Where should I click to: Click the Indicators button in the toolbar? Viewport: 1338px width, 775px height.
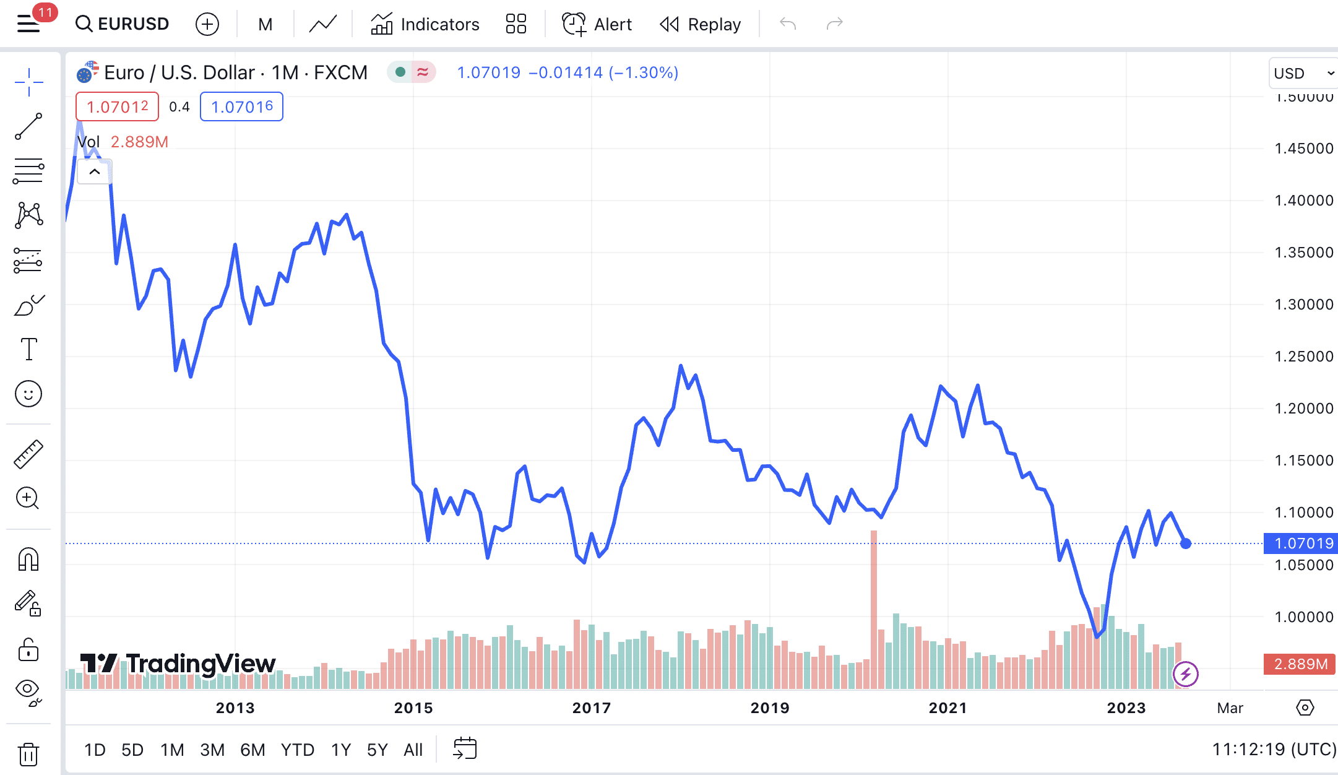coord(425,24)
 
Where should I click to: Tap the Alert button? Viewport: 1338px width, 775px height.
coord(597,24)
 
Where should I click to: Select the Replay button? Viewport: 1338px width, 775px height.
coord(701,24)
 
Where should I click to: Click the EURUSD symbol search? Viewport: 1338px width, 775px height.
coord(123,24)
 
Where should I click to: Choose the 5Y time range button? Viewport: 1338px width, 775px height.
coord(377,750)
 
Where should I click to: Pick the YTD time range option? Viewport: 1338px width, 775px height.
coord(297,750)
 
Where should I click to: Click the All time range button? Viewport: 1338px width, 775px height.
coord(413,750)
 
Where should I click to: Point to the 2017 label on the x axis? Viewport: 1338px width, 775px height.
coord(591,708)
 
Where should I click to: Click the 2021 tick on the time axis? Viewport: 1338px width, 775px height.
coord(947,708)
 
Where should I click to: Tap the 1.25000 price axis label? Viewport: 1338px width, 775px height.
coord(1303,357)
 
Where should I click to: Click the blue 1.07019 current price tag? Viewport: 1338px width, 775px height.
coord(1301,543)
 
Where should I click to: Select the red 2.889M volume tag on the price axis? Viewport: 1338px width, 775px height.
coord(1300,664)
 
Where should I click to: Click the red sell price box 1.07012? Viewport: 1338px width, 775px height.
coord(117,106)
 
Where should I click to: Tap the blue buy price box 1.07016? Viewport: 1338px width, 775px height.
coord(241,106)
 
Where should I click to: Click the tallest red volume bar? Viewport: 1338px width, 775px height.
coord(874,610)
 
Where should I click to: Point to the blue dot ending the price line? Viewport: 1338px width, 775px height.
coord(1185,543)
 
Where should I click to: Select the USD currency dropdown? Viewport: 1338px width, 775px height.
coord(1303,74)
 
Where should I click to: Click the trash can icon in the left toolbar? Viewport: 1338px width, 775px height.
coord(28,755)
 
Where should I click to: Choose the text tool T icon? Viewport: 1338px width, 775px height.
coord(28,349)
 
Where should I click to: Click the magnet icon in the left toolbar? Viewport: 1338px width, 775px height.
coord(28,560)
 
